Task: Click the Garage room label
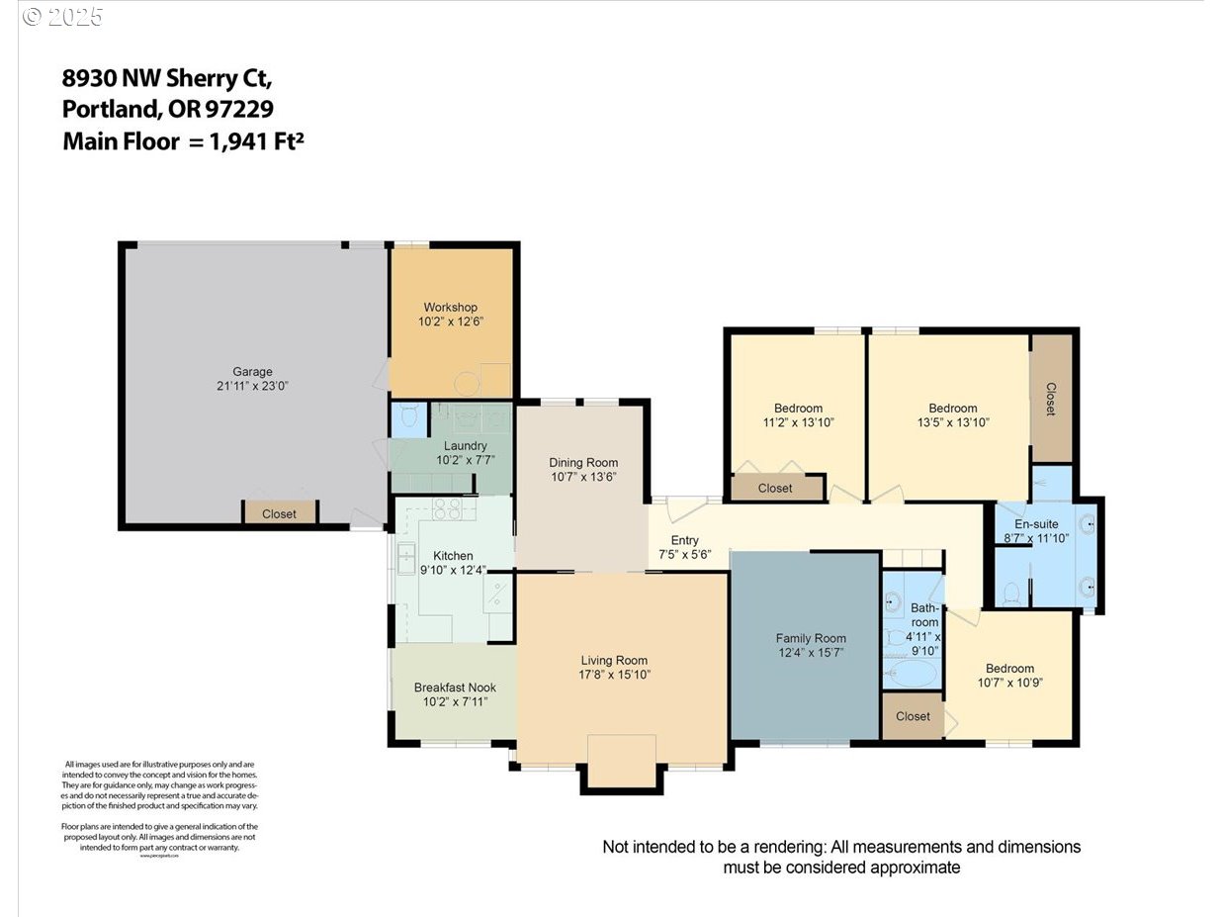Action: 252,372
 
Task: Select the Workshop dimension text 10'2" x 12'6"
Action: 451,321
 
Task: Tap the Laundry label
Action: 465,446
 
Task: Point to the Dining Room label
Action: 583,462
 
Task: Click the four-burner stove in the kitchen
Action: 447,509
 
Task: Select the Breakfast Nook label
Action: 455,688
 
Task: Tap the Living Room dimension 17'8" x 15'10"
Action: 614,675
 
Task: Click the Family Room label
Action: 811,638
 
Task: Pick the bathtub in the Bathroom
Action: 911,676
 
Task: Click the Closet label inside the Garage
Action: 279,513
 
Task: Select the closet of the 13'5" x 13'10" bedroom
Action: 1051,398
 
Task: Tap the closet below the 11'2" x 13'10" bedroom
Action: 775,488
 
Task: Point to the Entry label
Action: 684,540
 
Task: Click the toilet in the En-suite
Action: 1011,593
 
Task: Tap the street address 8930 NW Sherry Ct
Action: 167,77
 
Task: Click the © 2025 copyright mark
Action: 62,17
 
